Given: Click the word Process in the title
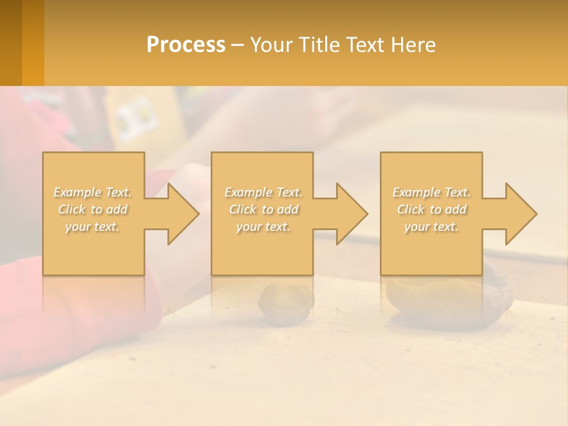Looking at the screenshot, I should coord(186,45).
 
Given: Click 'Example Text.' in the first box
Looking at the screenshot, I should coord(92,192).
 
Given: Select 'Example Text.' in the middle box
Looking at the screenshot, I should coord(263,192).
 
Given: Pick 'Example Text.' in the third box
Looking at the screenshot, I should coord(431,192).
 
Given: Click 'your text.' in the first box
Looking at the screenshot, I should coord(92,227).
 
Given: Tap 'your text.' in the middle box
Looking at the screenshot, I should coord(263,227).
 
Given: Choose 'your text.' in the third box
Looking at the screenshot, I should coord(431,227).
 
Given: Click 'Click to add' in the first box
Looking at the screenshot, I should coord(92,209).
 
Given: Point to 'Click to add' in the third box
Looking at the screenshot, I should coord(431,209).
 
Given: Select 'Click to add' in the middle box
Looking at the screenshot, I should coord(263,209).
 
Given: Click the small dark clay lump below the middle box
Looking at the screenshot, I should coord(286,304).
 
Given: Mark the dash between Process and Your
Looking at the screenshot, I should coord(237,46).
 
